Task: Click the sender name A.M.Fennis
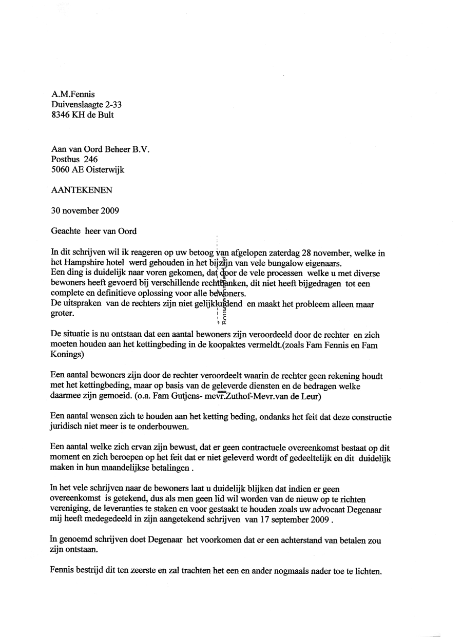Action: [x=73, y=94]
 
